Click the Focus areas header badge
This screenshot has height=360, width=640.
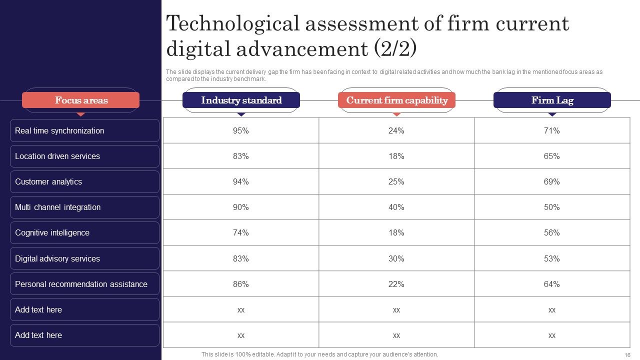tap(81, 100)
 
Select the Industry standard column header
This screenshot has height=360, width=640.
tap(241, 100)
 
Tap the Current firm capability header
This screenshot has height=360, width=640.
tap(396, 100)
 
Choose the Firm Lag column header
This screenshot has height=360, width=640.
tap(552, 100)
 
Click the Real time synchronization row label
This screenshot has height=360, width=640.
tap(59, 130)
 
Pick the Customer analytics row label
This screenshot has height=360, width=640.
tap(48, 181)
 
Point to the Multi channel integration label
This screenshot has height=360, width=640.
tap(57, 207)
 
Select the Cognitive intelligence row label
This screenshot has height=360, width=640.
tap(52, 233)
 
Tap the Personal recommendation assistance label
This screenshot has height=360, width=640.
tap(81, 284)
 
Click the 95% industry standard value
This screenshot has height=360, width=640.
tap(240, 130)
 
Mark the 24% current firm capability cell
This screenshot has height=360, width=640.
tap(396, 130)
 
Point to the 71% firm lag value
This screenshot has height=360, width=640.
tap(551, 130)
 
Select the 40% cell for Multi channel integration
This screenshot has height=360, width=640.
tap(396, 207)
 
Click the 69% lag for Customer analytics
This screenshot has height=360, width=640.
tap(551, 181)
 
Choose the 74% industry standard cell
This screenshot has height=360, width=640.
tap(240, 232)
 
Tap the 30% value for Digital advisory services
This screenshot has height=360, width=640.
tap(396, 258)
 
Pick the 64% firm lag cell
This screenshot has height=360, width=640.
tap(551, 284)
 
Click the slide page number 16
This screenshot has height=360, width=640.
tap(627, 355)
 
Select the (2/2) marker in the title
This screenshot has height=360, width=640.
tap(395, 48)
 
